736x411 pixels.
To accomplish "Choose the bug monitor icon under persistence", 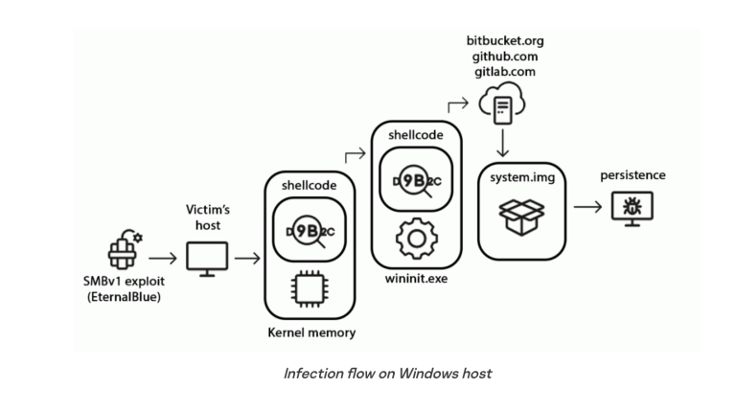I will (632, 205).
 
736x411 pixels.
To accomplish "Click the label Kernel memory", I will (311, 332).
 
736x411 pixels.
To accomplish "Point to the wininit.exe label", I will (416, 279).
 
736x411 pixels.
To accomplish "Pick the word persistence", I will (632, 176).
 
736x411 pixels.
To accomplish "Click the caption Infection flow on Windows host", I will (387, 373).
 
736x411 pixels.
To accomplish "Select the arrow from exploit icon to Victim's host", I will (163, 258).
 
